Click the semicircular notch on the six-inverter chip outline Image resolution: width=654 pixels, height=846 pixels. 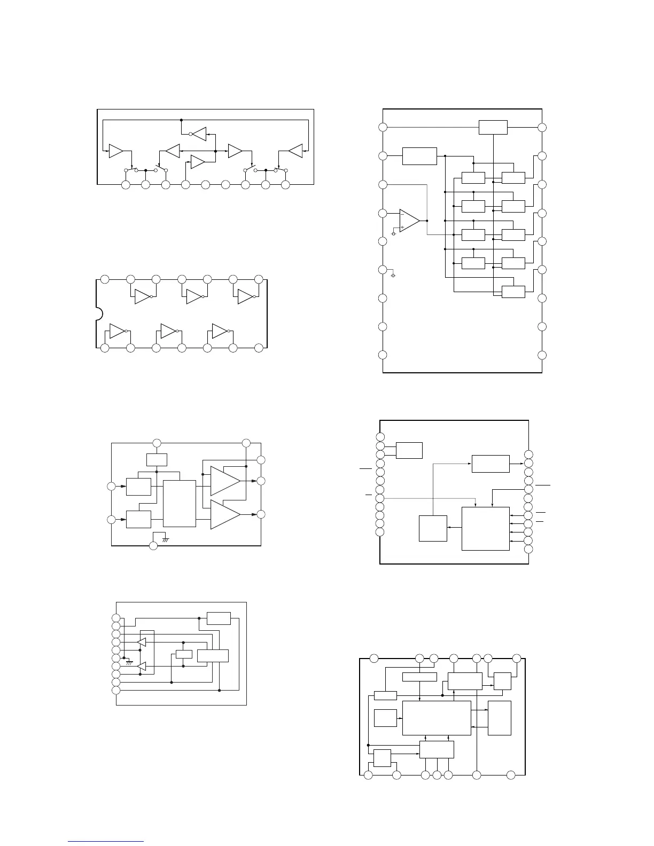coord(99,314)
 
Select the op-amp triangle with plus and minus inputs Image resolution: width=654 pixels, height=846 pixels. coord(409,220)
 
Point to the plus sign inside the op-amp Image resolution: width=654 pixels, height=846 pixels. coord(402,227)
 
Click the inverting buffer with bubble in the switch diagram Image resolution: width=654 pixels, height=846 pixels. coord(198,134)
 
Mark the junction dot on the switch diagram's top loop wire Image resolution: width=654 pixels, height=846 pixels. coord(182,120)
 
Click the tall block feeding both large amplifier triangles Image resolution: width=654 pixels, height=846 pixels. coord(180,503)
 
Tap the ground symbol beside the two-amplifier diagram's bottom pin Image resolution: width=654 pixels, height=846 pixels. coord(166,539)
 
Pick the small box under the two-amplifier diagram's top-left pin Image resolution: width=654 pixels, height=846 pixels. coord(157,459)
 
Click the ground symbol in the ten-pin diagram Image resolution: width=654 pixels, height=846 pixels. coord(129,662)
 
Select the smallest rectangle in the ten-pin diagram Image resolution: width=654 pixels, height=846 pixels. coord(184,654)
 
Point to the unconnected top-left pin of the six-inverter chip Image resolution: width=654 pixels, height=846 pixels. coord(105,279)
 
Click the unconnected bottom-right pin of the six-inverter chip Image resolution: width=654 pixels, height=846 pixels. coord(259,348)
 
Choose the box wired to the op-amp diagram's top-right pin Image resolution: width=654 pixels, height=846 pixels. coord(493,128)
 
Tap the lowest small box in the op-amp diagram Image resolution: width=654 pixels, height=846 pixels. coord(513,292)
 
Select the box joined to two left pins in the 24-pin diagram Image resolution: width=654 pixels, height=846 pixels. coord(409,450)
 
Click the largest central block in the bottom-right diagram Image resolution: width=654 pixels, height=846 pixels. coord(437,718)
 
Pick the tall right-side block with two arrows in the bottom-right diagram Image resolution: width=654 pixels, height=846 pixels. coord(500,718)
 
